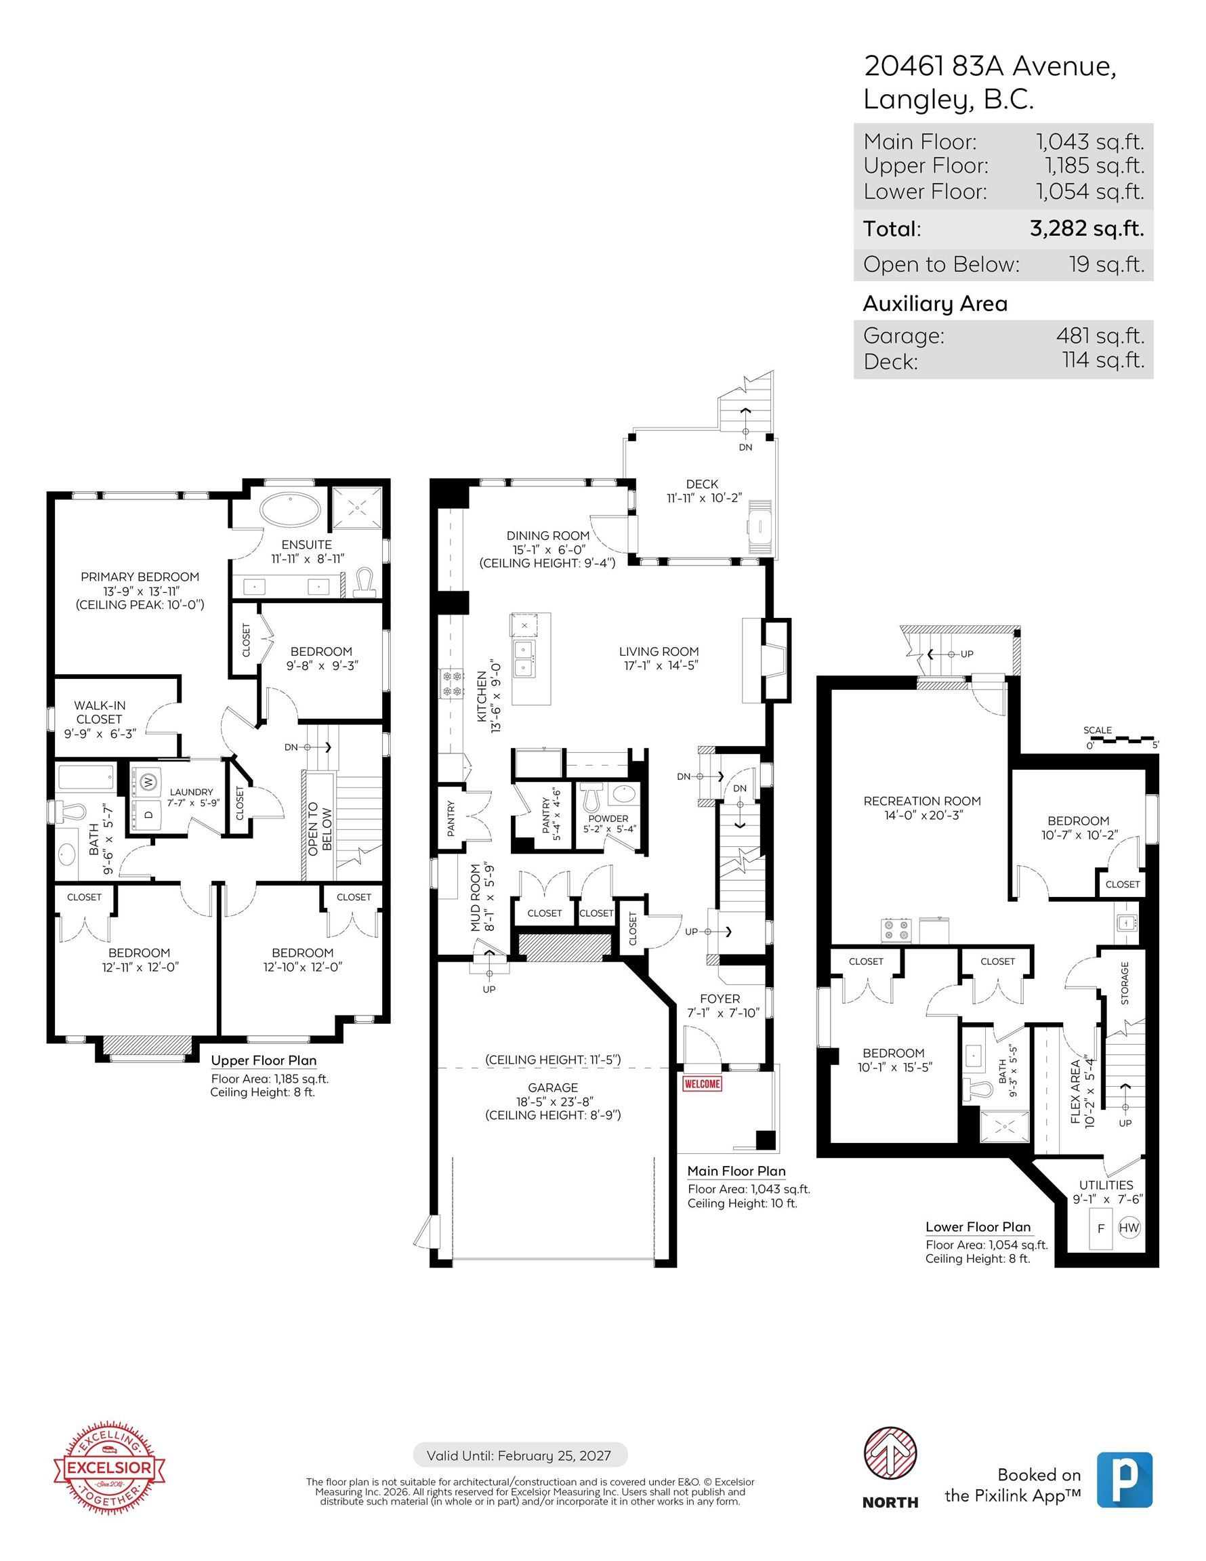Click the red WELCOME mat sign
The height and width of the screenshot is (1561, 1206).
702,1083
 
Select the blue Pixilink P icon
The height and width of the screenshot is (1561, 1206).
1125,1479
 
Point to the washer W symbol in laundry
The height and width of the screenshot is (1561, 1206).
148,781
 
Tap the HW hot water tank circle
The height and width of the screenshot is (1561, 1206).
1128,1228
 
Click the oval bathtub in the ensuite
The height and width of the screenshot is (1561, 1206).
290,509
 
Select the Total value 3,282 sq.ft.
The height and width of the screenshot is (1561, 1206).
1087,229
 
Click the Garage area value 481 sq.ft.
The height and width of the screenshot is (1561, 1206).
1100,335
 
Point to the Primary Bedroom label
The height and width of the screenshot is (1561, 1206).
140,577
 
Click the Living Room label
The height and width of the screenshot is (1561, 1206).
659,651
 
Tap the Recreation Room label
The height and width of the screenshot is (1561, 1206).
922,802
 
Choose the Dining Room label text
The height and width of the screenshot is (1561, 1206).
548,535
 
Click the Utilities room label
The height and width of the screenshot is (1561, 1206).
1106,1185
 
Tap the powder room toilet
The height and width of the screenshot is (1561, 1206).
591,795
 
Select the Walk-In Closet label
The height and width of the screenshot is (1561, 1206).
100,712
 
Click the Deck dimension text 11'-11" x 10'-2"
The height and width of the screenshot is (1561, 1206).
701,498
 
